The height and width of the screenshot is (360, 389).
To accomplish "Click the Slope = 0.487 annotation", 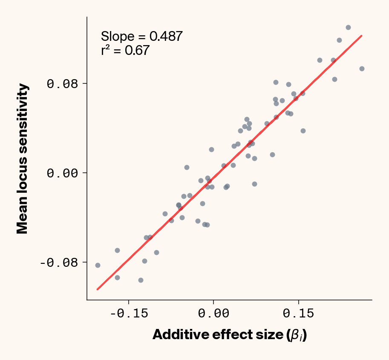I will pos(141,37).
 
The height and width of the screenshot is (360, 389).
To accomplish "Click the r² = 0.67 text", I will pos(125,51).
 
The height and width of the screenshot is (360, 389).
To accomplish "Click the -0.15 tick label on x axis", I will pos(129,314).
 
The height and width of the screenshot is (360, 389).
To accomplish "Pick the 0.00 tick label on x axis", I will pos(213,314).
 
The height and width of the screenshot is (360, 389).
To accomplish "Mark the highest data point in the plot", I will pos(348,27).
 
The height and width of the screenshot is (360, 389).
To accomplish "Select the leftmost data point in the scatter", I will pos(98,265).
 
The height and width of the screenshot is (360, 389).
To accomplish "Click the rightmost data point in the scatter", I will pos(362,69).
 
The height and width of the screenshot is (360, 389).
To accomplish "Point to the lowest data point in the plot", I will pos(141,280).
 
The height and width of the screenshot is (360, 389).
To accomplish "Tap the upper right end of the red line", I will pos(361,36).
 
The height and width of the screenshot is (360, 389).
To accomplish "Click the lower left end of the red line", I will pos(98,289).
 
